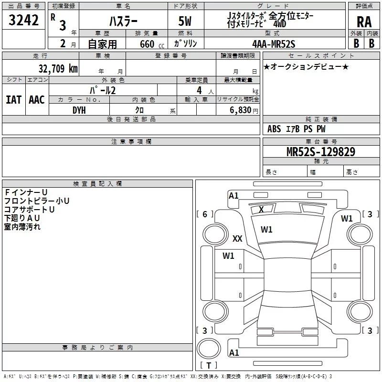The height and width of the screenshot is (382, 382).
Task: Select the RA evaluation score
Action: [x=364, y=22]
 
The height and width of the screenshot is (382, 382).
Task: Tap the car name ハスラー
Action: [x=123, y=22]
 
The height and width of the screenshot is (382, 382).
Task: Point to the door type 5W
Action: [x=186, y=22]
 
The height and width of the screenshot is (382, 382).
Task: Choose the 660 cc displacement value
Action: [x=147, y=44]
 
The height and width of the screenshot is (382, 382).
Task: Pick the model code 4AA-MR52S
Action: [x=274, y=44]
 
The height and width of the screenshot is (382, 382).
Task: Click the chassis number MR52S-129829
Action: [x=321, y=152]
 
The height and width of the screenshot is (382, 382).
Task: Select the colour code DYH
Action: [x=79, y=110]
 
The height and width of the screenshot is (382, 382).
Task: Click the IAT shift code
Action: [x=13, y=99]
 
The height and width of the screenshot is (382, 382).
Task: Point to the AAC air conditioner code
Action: [x=37, y=99]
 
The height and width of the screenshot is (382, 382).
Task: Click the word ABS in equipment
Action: [x=274, y=129]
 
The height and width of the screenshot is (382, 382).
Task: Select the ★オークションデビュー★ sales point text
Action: [x=306, y=66]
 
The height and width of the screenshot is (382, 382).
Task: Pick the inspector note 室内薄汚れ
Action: [x=22, y=227]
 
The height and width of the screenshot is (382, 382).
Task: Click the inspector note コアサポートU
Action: [x=30, y=209]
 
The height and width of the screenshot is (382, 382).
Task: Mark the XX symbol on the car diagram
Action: [x=237, y=239]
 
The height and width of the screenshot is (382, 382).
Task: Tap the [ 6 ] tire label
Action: [x=205, y=214]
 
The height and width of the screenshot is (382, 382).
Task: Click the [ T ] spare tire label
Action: [x=209, y=366]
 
